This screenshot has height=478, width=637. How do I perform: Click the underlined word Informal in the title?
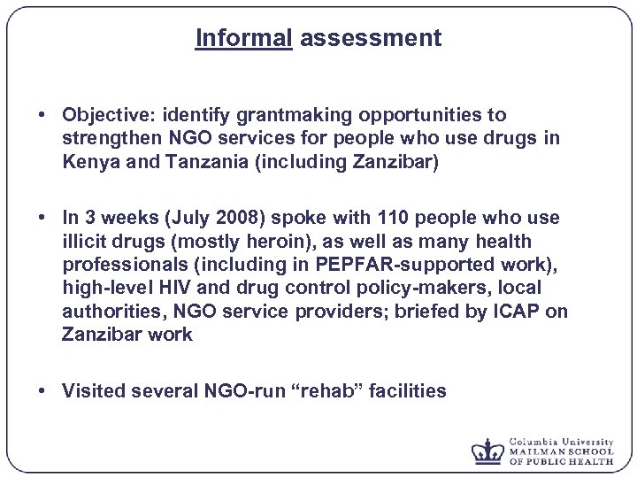(243, 38)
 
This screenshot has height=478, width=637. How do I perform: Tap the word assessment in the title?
(370, 38)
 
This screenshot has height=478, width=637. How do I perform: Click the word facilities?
(410, 390)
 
